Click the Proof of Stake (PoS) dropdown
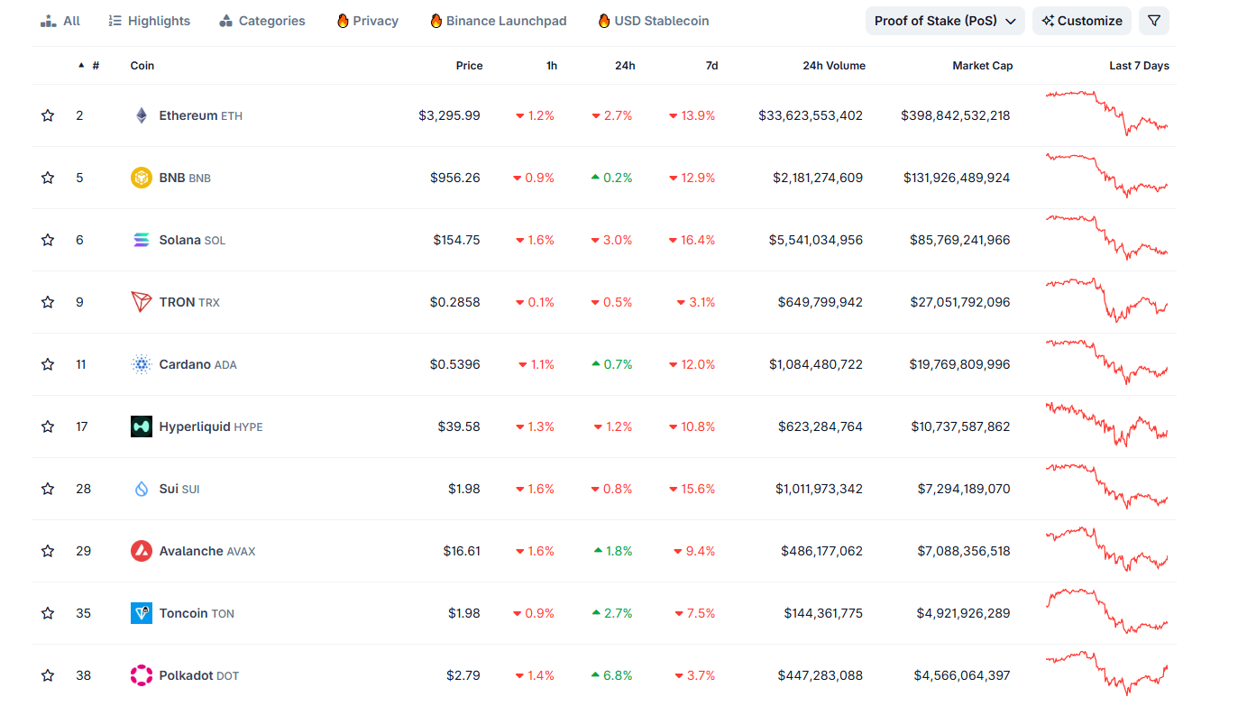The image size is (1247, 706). coord(945,21)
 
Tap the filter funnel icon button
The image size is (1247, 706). coord(1153,21)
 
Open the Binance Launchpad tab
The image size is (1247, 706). coord(498,21)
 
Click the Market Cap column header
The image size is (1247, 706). coord(982,66)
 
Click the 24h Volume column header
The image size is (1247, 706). coord(833,66)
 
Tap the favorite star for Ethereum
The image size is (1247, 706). coord(48,115)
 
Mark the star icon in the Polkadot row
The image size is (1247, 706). coord(48,675)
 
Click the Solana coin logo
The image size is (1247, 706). coord(142,240)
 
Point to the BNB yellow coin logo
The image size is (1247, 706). coord(142,178)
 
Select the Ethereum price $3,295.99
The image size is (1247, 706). coord(449,115)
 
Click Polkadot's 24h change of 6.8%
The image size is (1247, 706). coord(612,675)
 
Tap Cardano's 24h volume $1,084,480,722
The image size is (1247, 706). coord(815,364)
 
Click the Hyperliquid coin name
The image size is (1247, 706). coord(195,426)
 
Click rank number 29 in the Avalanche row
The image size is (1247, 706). coord(83,551)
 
